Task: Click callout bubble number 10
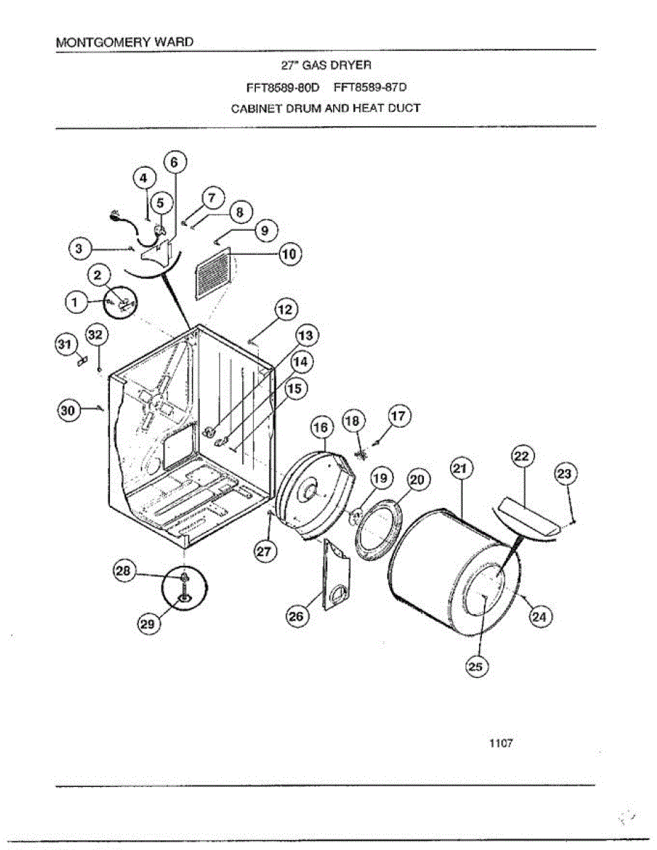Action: pos(291,254)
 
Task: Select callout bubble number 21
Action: pos(461,469)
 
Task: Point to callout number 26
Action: pos(295,616)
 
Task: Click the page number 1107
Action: pos(500,743)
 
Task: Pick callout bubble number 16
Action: pos(321,428)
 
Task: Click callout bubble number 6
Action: pos(175,162)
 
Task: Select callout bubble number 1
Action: pos(74,303)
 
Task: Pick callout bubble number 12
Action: pos(286,309)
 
